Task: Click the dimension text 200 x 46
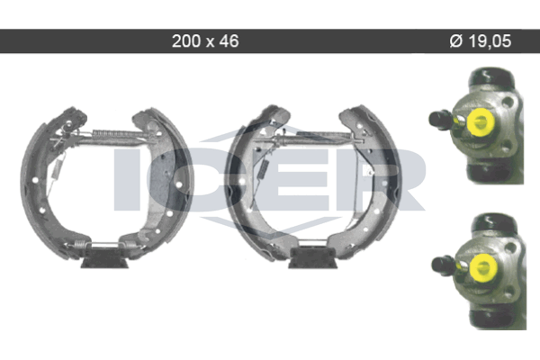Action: pyautogui.click(x=205, y=41)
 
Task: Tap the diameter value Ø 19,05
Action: pyautogui.click(x=480, y=41)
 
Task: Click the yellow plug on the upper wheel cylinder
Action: pyautogui.click(x=480, y=121)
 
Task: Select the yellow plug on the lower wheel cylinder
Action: pyautogui.click(x=482, y=267)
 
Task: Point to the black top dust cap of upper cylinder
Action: pyautogui.click(x=487, y=78)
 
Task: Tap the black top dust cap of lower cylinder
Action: pyautogui.click(x=494, y=223)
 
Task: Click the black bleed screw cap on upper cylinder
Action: pyautogui.click(x=440, y=120)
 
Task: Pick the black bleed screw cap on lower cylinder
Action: pyautogui.click(x=443, y=265)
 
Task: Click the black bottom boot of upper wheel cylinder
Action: pyautogui.click(x=493, y=173)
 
